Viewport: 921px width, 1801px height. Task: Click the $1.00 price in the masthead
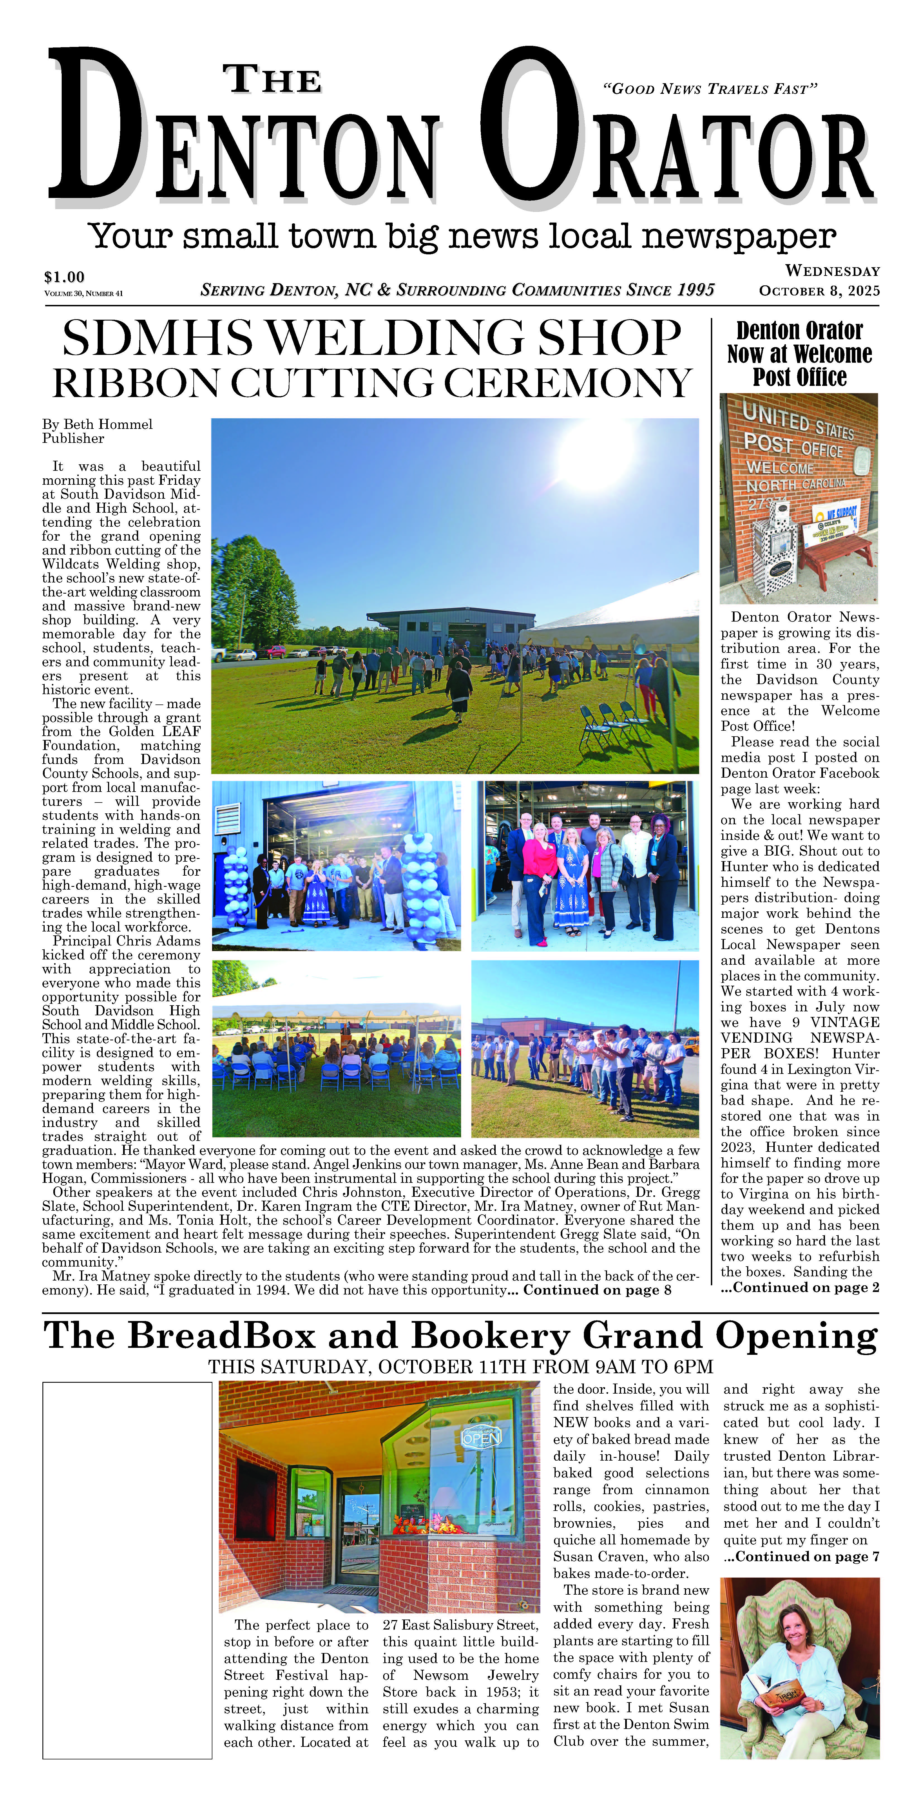click(64, 277)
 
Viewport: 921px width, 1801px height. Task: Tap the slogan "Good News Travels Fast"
click(709, 89)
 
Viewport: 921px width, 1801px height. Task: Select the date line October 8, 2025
click(819, 291)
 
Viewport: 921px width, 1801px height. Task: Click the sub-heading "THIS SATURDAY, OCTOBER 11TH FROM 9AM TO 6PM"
click(460, 1367)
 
